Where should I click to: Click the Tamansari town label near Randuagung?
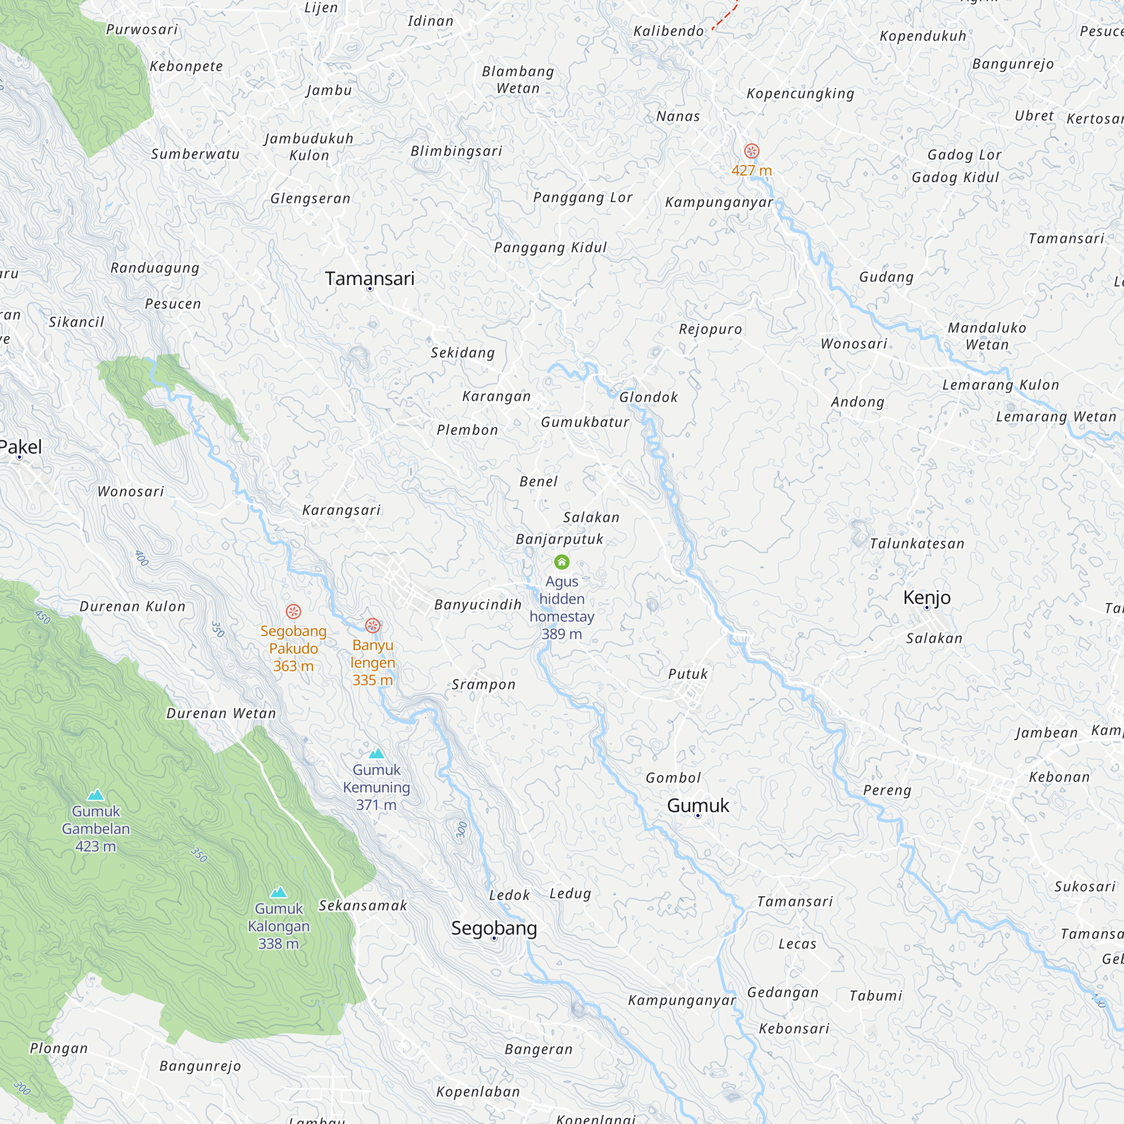click(369, 279)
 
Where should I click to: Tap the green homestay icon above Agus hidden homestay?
click(561, 562)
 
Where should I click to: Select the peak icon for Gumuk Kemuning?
click(377, 754)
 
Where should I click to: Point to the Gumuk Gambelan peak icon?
click(96, 795)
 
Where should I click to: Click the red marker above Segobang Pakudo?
click(293, 611)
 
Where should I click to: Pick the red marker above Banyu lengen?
click(373, 626)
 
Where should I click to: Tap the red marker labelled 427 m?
click(751, 151)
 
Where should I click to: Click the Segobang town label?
click(493, 928)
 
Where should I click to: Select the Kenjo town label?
click(926, 597)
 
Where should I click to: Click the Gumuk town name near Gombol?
click(697, 805)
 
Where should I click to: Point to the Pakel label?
click(21, 447)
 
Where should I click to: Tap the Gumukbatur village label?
click(584, 423)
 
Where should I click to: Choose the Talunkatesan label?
click(917, 544)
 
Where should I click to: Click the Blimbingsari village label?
click(456, 151)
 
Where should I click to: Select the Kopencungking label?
click(800, 94)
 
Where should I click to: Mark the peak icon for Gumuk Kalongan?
click(279, 892)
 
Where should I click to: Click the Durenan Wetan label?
click(221, 713)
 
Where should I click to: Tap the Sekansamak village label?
click(363, 906)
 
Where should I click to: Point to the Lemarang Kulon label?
click(1000, 385)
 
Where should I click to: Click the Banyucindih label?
click(478, 605)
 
